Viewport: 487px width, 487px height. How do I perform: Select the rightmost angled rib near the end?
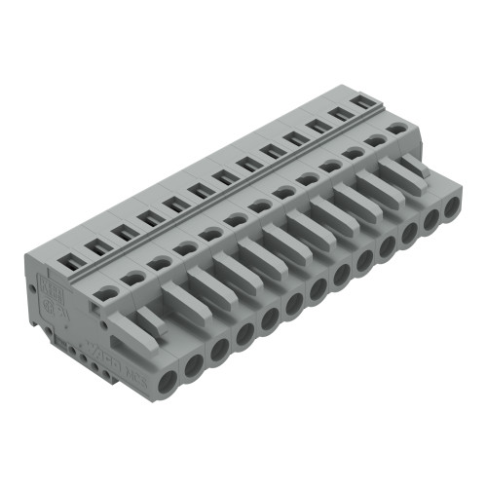(412, 165)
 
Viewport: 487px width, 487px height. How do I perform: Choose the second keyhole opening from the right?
(374, 140)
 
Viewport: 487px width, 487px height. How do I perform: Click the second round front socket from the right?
(431, 219)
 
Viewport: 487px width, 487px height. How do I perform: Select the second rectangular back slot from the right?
(342, 111)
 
